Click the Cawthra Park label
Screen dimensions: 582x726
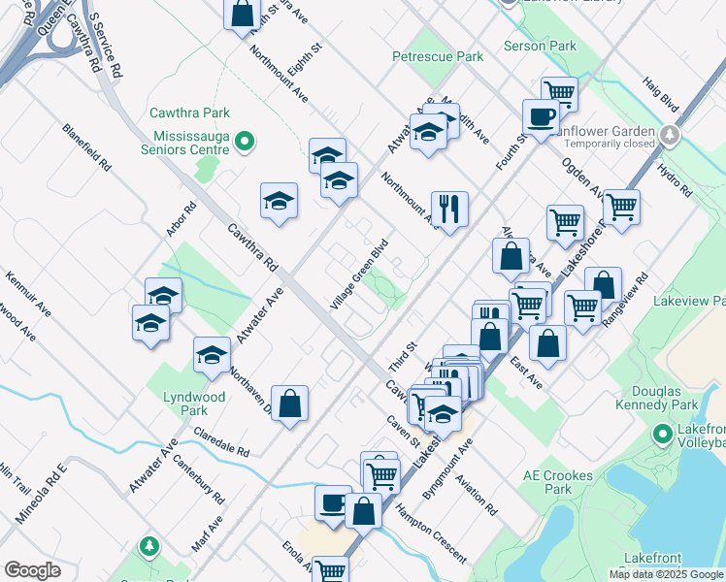coord(189,113)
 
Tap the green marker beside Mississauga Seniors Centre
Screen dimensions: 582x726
coord(245,143)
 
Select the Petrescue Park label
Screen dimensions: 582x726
coord(438,57)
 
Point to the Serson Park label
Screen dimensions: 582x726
coord(540,46)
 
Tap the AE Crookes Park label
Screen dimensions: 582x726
coord(562,482)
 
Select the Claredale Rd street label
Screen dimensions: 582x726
coord(221,441)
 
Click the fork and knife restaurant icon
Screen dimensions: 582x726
coord(449,208)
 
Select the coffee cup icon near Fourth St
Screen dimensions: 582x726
coord(541,116)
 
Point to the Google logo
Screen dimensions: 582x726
coord(33,570)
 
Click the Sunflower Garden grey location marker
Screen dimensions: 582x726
coord(669,133)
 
